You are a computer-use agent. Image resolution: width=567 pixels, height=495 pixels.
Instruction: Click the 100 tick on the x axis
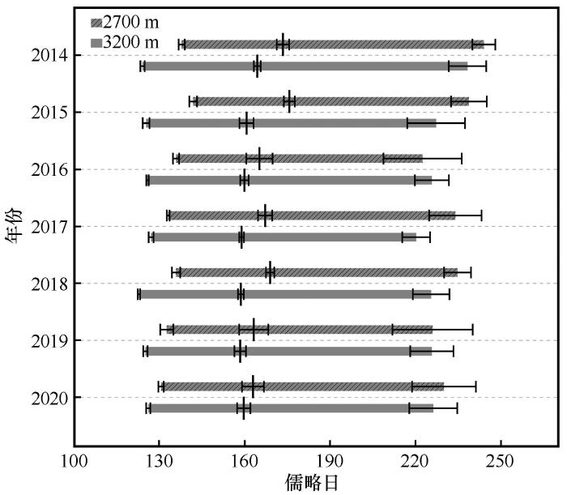(x=74, y=459)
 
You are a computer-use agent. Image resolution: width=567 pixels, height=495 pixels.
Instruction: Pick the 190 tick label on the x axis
(x=330, y=459)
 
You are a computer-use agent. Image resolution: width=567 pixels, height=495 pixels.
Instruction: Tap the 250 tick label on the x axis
(x=501, y=459)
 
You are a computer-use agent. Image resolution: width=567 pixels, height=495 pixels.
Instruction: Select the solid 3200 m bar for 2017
(x=284, y=237)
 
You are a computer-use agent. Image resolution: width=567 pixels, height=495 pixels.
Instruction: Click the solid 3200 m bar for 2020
(x=292, y=408)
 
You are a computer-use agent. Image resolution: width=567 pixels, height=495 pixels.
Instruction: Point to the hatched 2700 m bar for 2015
(x=333, y=101)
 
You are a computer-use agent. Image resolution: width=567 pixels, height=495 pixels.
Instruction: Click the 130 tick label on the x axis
(x=159, y=459)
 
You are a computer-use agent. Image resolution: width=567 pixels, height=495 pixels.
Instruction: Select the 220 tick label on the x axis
(x=416, y=459)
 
